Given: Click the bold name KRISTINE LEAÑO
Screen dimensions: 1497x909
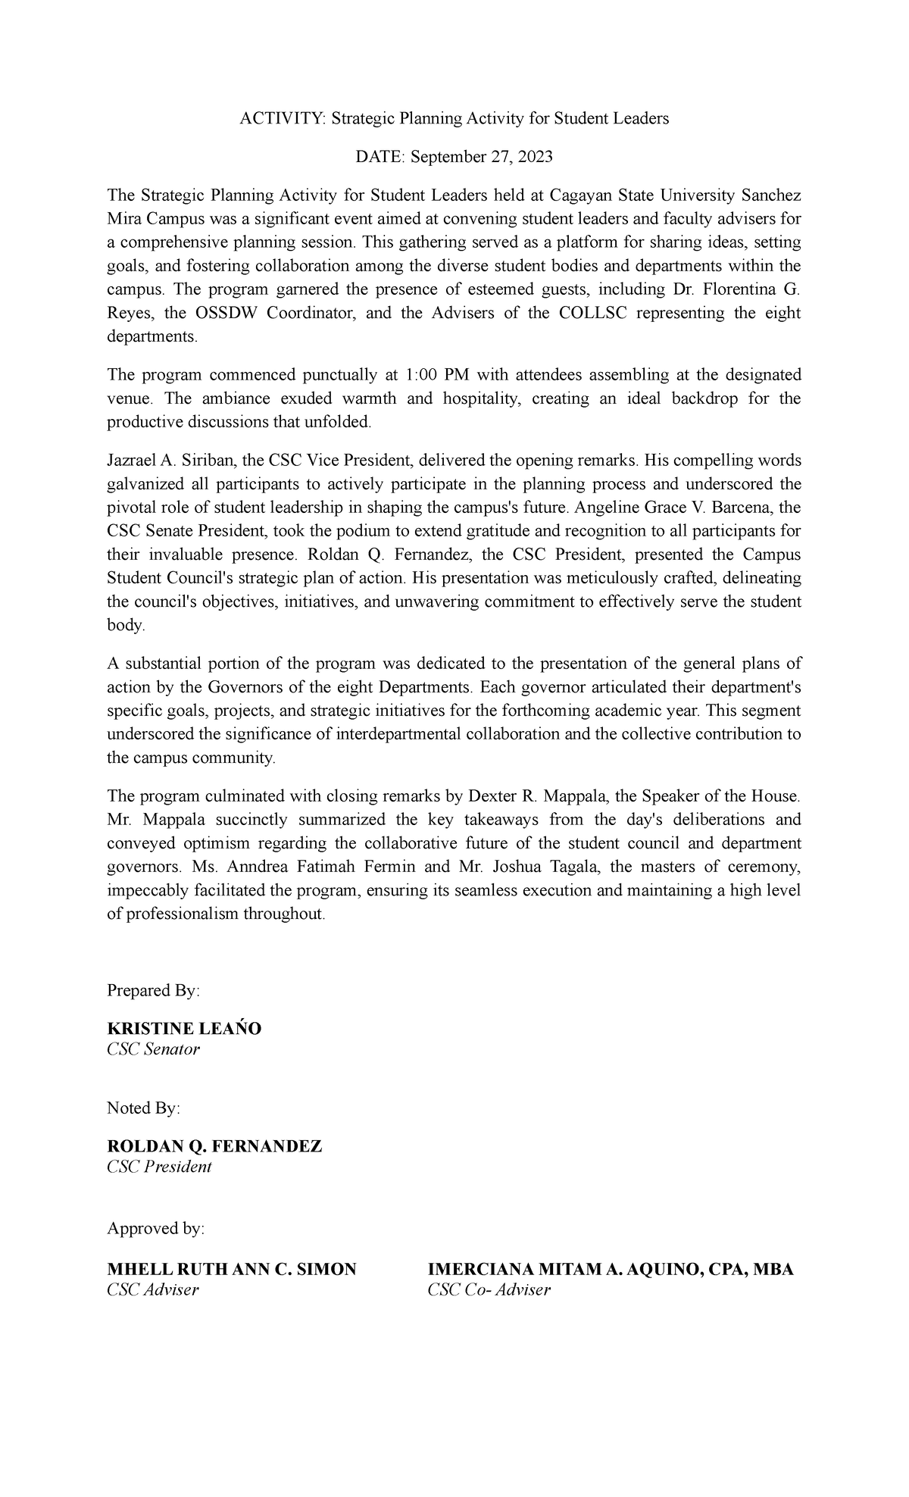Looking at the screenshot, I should tap(184, 1029).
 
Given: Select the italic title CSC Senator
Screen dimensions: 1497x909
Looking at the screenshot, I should tap(154, 1049).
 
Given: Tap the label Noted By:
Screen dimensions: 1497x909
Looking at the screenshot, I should tap(144, 1108).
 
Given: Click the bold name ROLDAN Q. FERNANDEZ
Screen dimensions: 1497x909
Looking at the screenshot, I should tap(215, 1146).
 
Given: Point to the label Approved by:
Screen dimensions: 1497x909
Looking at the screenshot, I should tap(156, 1228).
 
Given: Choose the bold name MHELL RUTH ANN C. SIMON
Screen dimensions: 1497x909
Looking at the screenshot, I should tap(232, 1270).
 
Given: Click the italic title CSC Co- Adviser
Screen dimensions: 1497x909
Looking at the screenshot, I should tap(489, 1289).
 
